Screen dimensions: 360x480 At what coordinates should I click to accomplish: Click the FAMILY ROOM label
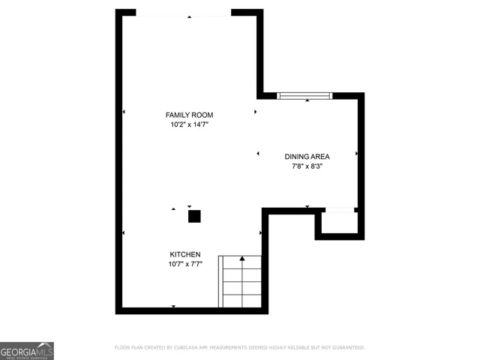coord(189,115)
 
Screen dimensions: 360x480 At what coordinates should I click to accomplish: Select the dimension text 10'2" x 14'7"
coord(189,125)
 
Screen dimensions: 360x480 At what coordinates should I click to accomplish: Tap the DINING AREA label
coord(307,157)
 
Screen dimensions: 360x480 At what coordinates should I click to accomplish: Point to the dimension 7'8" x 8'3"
coord(307,167)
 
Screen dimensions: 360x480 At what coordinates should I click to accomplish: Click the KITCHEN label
coord(184,254)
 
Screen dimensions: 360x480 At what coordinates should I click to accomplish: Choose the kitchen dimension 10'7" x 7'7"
coord(184,264)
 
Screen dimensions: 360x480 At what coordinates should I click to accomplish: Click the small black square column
coord(194,217)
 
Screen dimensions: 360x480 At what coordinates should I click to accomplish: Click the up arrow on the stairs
coord(241,259)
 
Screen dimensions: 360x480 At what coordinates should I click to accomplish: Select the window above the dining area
coord(304,96)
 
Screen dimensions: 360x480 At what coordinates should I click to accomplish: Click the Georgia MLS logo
coord(27,350)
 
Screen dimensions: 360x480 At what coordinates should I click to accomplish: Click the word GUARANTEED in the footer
coord(346,348)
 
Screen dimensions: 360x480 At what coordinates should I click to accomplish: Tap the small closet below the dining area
coord(339,223)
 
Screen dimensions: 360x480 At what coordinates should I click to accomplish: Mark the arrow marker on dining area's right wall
coord(357,154)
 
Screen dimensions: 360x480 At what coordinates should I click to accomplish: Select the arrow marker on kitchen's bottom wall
coord(174,307)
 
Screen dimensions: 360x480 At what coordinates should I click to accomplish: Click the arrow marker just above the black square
coord(190,206)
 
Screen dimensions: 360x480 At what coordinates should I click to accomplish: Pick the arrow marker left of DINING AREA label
coord(258,154)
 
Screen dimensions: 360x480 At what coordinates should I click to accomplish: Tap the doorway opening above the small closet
coord(339,211)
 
